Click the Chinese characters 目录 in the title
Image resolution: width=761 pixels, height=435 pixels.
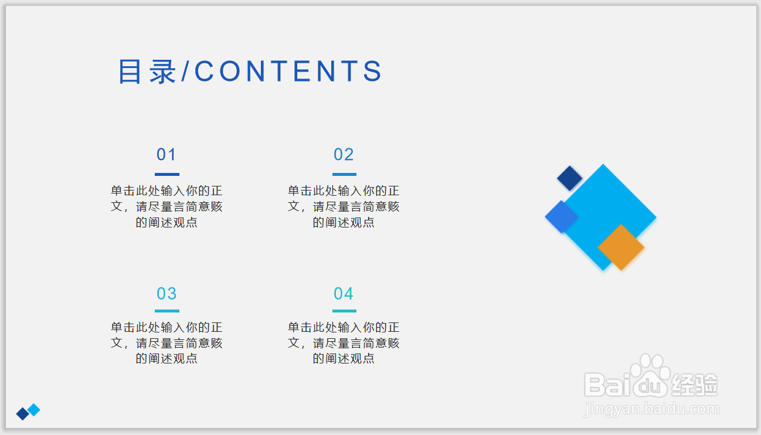click(x=147, y=71)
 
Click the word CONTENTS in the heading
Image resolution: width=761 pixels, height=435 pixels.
click(x=288, y=71)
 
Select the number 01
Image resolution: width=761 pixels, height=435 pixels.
click(x=167, y=154)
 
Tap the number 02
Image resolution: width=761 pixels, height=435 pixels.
click(x=344, y=154)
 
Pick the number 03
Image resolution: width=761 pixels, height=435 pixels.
click(x=167, y=293)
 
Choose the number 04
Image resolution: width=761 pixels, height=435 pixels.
click(x=344, y=293)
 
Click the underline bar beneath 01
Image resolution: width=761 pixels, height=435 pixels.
click(x=167, y=174)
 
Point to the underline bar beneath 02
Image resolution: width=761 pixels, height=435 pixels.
click(x=344, y=174)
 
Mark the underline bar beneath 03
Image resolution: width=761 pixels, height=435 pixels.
click(x=167, y=311)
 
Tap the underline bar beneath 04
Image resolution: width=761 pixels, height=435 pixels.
click(x=344, y=311)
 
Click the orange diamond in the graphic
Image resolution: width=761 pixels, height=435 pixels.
click(x=621, y=247)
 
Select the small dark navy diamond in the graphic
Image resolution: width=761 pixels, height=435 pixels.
click(x=570, y=178)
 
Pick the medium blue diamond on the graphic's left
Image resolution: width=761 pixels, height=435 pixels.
click(x=561, y=217)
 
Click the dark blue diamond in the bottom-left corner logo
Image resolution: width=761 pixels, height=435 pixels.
click(x=23, y=413)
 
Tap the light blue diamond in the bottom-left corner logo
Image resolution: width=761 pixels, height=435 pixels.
click(x=33, y=410)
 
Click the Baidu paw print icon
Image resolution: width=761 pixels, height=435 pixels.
click(x=650, y=376)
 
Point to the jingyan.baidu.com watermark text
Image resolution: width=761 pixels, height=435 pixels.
click(x=651, y=409)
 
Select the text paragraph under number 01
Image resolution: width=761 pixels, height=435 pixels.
click(x=167, y=206)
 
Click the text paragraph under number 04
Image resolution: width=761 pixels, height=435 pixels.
click(x=344, y=343)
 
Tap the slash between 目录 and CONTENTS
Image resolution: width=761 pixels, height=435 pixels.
click(x=185, y=71)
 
